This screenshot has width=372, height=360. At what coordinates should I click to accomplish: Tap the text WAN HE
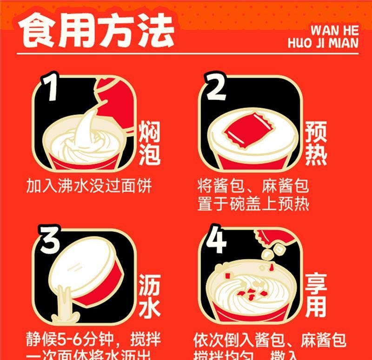coord(334,30)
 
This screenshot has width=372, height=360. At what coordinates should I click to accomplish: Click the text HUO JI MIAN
coord(323,43)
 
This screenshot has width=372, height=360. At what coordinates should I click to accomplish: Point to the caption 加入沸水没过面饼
coord(89,187)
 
